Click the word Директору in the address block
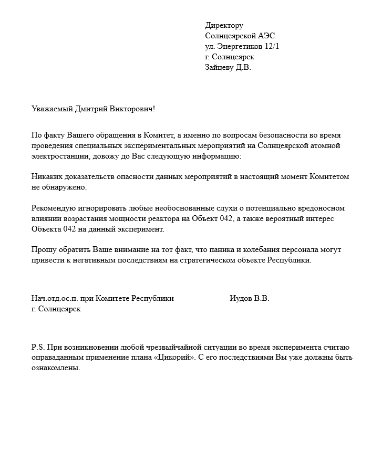click(224, 26)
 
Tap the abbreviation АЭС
click(266, 36)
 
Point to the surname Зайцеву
click(219, 68)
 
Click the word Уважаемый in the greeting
click(51, 109)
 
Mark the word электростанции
click(58, 156)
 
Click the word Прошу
click(43, 250)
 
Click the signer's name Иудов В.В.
click(249, 299)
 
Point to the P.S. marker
click(38, 348)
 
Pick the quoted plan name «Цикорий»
click(174, 358)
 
